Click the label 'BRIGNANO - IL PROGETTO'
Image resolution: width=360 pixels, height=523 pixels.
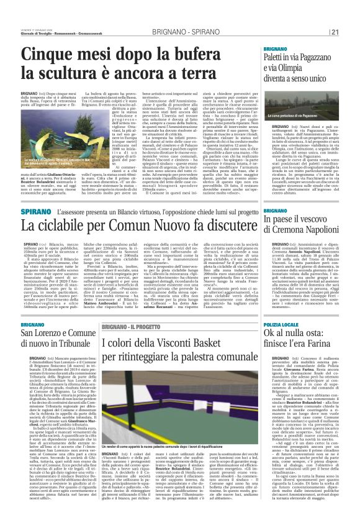pyautogui.click(x=134, y=327)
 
